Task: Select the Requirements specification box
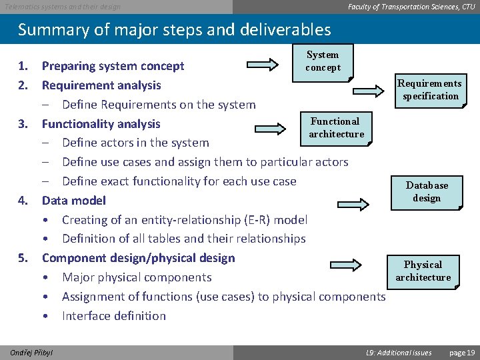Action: coord(429,89)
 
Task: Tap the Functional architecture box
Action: coord(336,128)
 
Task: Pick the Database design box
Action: coord(427,191)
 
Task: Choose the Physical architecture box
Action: coord(423,271)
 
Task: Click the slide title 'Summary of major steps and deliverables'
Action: coord(174,30)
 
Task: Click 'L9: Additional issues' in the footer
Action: coord(399,352)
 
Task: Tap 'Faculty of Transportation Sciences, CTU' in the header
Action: coord(411,7)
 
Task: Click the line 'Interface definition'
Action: coord(113,316)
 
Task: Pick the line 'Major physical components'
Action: coord(137,277)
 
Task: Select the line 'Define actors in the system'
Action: coord(135,143)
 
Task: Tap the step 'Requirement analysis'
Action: coord(101,85)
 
